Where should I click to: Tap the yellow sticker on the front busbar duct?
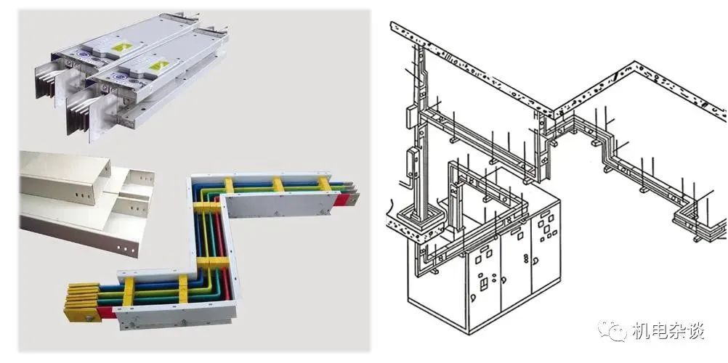click(x=159, y=65)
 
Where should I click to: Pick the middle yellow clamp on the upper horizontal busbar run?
click(x=278, y=184)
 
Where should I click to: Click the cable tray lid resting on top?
click(x=65, y=176)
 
